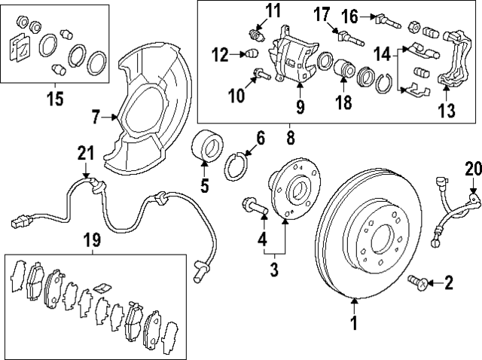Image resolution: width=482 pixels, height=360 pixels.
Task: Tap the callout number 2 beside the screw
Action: pos(449,284)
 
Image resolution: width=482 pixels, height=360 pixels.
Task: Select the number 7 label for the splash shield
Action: pos(96,117)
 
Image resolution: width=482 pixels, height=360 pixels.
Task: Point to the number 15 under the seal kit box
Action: pos(55,98)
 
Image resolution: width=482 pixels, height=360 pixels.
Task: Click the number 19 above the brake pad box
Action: pos(91,240)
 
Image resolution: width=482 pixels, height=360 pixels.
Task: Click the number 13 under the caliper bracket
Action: pos(447,112)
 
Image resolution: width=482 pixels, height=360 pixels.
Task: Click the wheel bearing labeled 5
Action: pos(206,146)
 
